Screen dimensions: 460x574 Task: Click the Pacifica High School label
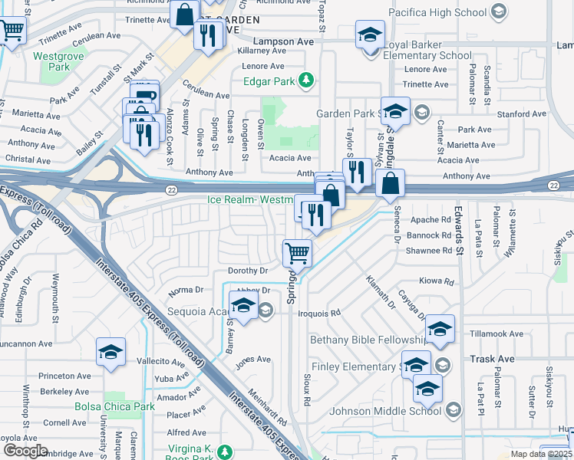coord(437,12)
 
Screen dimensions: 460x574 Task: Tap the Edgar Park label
coord(269,80)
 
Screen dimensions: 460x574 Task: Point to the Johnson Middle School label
coord(384,411)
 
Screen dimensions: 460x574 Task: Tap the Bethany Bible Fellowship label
coord(368,339)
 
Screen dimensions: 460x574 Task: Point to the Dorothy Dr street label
coord(248,271)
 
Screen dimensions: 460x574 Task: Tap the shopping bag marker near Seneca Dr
coord(391,183)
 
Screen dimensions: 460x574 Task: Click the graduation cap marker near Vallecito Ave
coord(111,352)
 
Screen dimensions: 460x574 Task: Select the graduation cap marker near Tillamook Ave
coord(440,329)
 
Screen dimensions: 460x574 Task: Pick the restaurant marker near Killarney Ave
coord(208,34)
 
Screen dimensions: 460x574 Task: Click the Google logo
coord(25,451)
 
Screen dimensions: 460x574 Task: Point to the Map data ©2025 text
coord(540,454)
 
